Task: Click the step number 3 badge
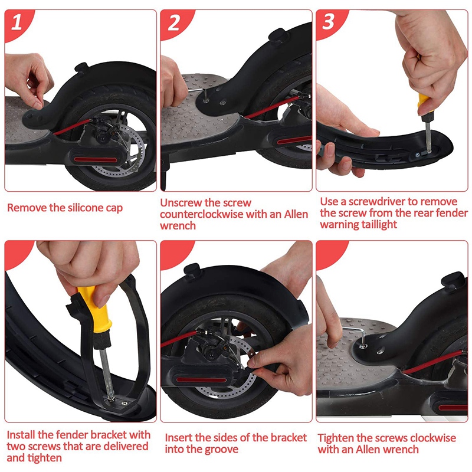tap(328, 22)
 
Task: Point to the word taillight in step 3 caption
tap(379, 224)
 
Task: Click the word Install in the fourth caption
tap(21, 435)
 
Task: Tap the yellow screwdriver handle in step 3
tap(424, 102)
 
